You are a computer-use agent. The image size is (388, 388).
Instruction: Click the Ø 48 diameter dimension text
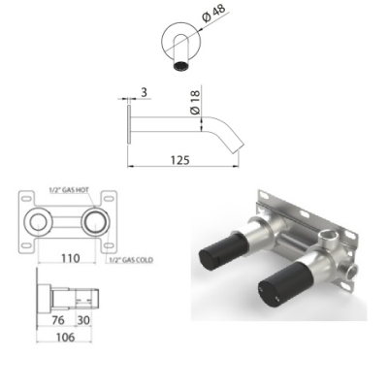214,14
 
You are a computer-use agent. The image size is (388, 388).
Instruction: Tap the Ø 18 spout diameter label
195,102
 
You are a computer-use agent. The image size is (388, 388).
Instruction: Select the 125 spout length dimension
180,160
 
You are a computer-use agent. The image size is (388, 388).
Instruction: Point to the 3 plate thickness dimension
144,92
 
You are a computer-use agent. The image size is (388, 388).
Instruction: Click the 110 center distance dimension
70,258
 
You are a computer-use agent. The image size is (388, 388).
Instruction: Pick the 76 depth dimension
58,320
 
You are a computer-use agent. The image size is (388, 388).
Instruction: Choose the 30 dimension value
83,320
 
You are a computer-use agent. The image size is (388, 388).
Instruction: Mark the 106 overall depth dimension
65,338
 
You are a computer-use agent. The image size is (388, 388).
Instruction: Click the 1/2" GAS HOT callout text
69,190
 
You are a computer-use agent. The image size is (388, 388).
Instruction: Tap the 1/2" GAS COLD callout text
131,260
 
